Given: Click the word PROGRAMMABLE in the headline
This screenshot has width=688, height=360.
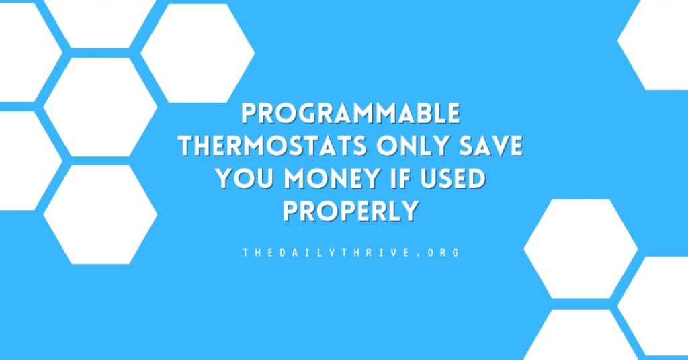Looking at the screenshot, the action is (x=351, y=114).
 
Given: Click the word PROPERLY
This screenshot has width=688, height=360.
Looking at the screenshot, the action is (x=350, y=211).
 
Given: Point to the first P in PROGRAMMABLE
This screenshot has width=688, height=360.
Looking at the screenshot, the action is (x=249, y=114).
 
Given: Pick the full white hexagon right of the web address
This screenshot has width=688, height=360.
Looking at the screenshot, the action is (x=580, y=249).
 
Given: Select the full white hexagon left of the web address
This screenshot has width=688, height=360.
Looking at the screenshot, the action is (x=101, y=214).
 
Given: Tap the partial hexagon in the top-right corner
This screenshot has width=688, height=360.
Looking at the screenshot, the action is (x=653, y=44).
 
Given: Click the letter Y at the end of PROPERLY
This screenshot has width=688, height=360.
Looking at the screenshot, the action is (x=409, y=211).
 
